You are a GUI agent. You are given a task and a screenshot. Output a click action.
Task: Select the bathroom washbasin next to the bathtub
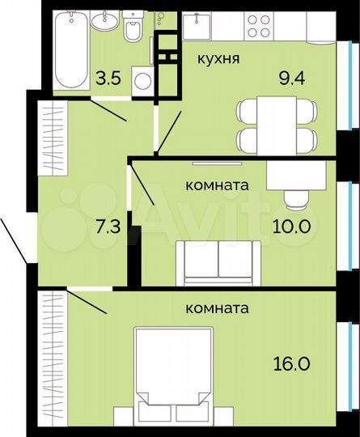point(104,22)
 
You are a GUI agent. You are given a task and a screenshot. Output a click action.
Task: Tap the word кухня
point(216,59)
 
